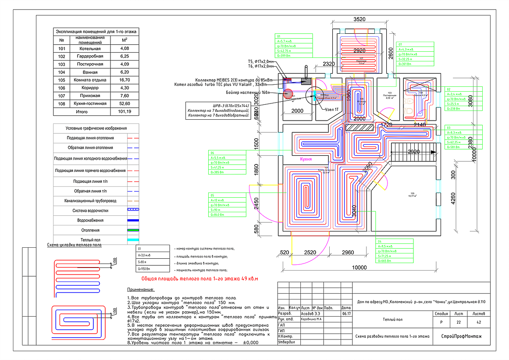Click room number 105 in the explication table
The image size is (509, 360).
pos(61,80)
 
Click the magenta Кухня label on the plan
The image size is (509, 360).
pos(306,160)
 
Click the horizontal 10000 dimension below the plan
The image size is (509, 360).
pos(359,267)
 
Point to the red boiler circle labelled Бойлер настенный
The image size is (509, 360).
pos(288,93)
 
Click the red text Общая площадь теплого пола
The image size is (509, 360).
pos(199,278)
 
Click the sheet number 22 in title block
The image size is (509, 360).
pos(459,322)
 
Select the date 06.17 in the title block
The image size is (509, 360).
pos(345,314)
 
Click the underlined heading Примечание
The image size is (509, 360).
pos(140,290)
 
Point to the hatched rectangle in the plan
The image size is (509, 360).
pos(360,127)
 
